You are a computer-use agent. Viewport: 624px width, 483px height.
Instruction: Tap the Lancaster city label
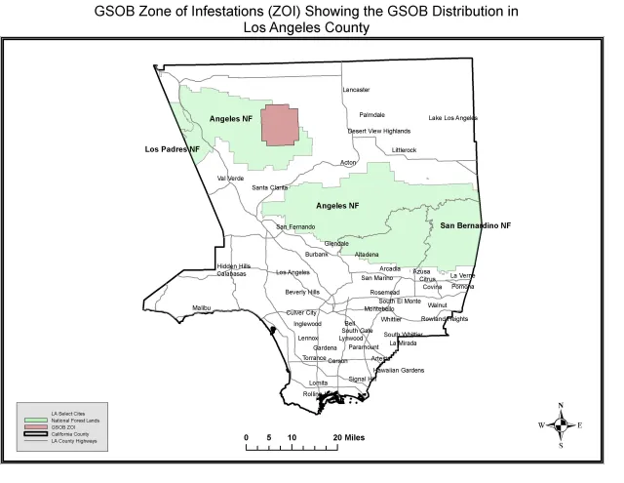point(356,90)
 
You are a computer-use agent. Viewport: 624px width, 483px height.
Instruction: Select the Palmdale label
point(371,114)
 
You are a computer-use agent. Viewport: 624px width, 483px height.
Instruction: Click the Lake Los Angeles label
point(453,118)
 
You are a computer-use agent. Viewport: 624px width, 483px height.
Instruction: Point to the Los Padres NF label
point(172,149)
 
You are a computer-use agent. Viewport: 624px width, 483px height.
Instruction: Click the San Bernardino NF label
point(476,225)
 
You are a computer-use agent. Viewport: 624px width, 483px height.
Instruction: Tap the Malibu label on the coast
point(201,307)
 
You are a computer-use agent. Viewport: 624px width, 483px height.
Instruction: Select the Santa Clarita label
point(270,187)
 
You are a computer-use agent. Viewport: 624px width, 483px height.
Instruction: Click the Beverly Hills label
point(302,292)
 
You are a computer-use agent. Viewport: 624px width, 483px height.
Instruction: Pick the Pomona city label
point(464,287)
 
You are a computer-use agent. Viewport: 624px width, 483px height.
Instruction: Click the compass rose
point(562,424)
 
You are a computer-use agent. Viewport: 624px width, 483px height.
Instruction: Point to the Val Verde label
point(230,178)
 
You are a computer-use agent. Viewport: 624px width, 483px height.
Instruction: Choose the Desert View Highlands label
point(379,131)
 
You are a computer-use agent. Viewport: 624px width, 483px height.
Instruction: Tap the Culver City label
point(301,312)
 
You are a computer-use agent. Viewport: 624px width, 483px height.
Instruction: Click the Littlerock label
point(404,149)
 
